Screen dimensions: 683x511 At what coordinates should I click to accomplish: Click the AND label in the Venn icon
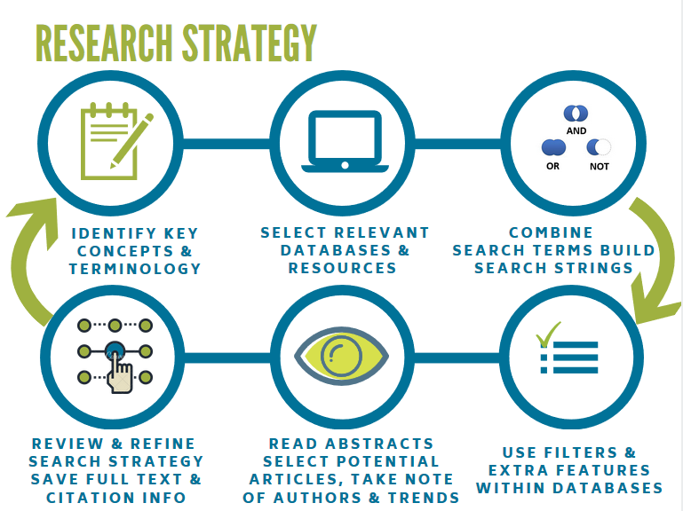pyautogui.click(x=576, y=130)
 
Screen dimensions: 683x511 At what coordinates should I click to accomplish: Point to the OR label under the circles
pyautogui.click(x=552, y=166)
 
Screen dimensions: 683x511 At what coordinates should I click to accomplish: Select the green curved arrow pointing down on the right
pyautogui.click(x=655, y=256)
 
